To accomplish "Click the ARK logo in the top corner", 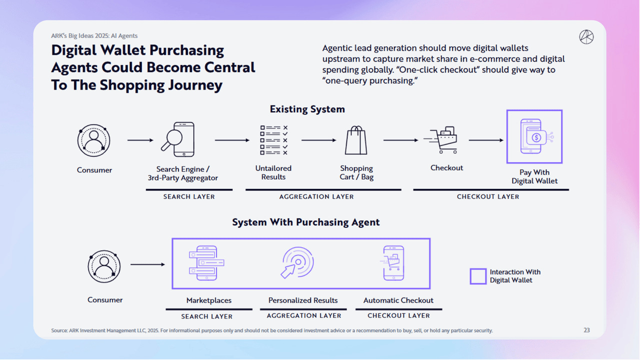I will (x=586, y=37).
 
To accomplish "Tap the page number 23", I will (x=586, y=330).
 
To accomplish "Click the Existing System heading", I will (x=307, y=109).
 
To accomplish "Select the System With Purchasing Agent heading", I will (x=305, y=222).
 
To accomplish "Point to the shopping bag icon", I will (x=356, y=140).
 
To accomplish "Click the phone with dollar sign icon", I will (x=534, y=136).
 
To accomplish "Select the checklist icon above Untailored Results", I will (x=273, y=140).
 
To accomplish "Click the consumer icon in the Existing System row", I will (x=93, y=140).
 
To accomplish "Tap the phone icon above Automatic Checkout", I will (x=393, y=263).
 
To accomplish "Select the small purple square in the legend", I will (x=478, y=276).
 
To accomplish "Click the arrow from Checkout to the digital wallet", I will (x=486, y=140).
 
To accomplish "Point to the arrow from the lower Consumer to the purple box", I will (x=147, y=264).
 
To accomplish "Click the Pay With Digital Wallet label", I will (x=534, y=176).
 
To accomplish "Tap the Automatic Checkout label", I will (x=398, y=300).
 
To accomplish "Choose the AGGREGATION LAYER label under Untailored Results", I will (x=316, y=197).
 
